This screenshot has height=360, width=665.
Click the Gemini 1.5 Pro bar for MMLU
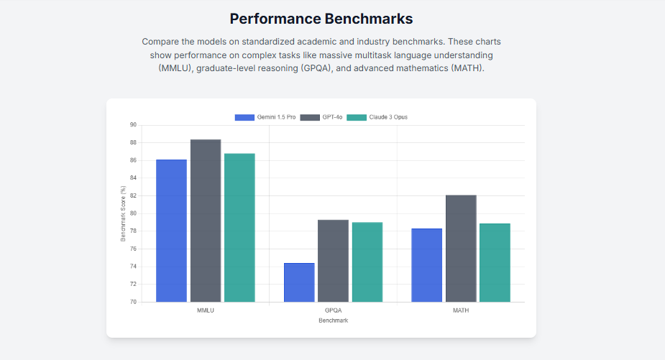pyautogui.click(x=171, y=231)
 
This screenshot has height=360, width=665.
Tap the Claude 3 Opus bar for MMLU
pyautogui.click(x=239, y=228)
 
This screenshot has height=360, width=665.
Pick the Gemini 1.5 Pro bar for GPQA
pyautogui.click(x=299, y=282)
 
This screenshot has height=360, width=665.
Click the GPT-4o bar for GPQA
pyautogui.click(x=333, y=261)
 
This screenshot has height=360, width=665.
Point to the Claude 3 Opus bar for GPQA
pyautogui.click(x=367, y=262)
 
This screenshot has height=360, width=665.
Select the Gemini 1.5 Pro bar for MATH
pyautogui.click(x=427, y=265)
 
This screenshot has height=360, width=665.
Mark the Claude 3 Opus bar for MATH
pyautogui.click(x=495, y=263)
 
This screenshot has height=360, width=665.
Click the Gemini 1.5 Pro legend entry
pyautogui.click(x=265, y=117)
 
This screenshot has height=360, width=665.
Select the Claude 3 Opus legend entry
pyautogui.click(x=377, y=117)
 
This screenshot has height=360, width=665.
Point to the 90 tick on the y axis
pyautogui.click(x=133, y=125)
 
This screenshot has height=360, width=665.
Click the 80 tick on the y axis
pyautogui.click(x=133, y=213)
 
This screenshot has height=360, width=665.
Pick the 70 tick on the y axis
pyautogui.click(x=133, y=302)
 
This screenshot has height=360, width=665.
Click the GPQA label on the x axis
pyautogui.click(x=333, y=311)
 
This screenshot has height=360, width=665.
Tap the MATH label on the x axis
pyautogui.click(x=461, y=311)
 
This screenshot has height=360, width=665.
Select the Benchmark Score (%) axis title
pyautogui.click(x=123, y=213)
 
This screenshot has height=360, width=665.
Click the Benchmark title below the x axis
pyautogui.click(x=333, y=320)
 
